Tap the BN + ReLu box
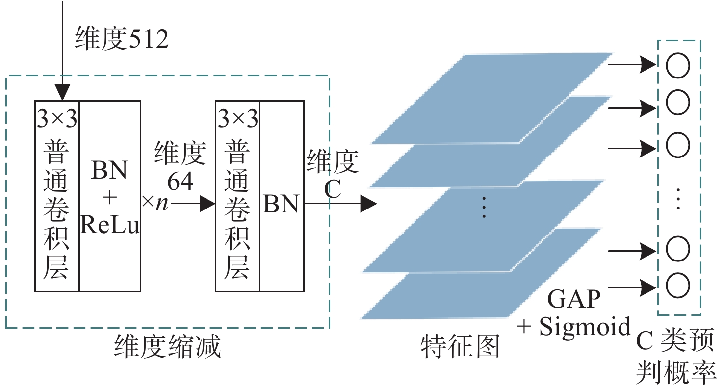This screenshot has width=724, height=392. pos(110,196)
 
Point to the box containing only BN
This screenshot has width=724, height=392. pos(281,196)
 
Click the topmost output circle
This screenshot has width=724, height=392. pos(678,66)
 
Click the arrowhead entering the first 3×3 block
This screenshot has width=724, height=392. pos(63,92)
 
